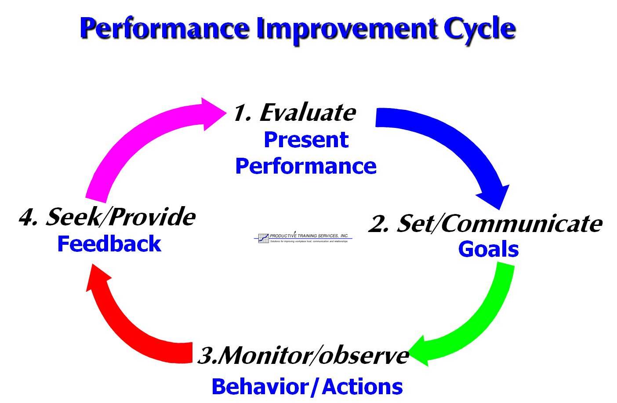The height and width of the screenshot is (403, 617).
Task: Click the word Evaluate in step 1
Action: (308, 113)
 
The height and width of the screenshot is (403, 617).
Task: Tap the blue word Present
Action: (306, 140)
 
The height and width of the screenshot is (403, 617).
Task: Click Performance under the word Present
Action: (306, 167)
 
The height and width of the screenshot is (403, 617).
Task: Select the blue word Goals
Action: (488, 249)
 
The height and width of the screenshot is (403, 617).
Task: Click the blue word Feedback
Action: (109, 244)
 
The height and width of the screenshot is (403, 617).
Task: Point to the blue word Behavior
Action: (260, 387)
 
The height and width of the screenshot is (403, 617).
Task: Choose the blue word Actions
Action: (362, 387)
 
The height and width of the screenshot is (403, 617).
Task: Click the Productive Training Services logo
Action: (303, 238)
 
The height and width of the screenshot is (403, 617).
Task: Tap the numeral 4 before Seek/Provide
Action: (27, 218)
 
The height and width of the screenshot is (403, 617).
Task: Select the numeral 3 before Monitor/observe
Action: (207, 355)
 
